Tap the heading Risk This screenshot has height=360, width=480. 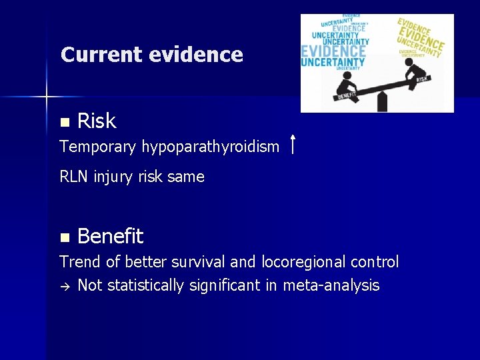coord(97,121)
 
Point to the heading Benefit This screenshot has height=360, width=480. coord(110,236)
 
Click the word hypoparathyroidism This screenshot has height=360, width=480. coord(211,147)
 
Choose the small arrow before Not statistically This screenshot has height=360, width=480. coord(64,286)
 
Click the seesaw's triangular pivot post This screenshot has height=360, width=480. coord(382,102)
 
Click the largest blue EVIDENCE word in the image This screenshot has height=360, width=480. coord(333,51)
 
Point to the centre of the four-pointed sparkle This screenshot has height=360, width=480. coord(47,97)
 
